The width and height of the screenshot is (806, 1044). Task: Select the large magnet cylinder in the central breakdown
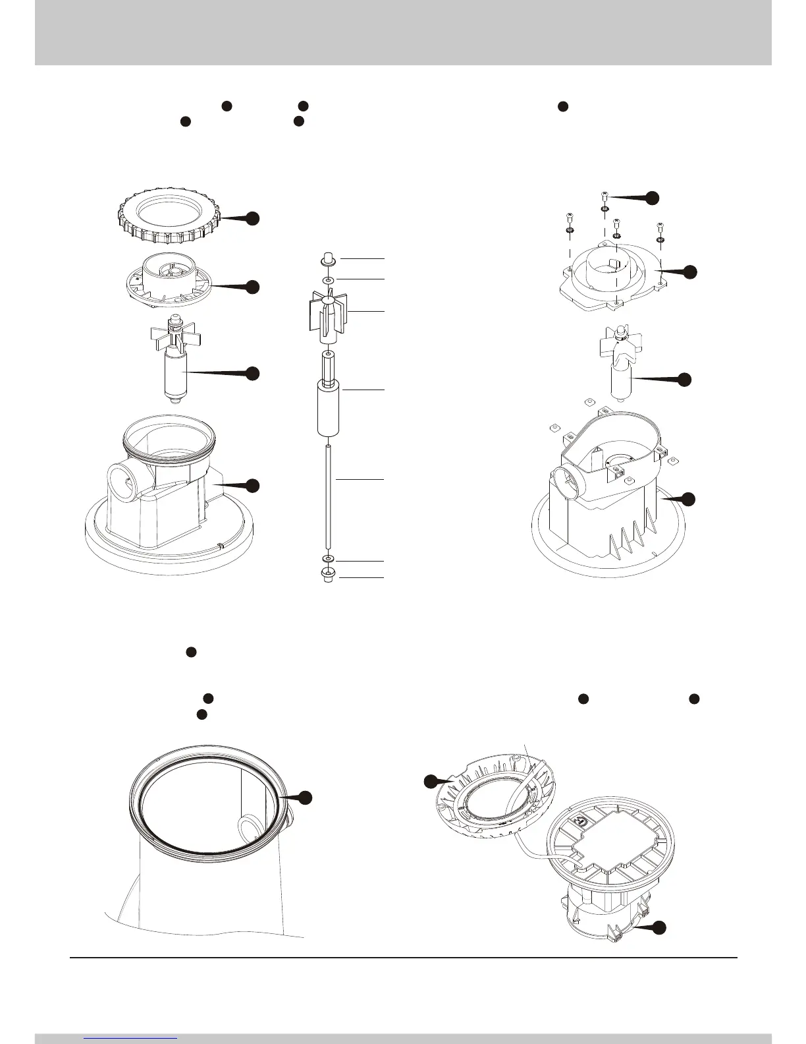[x=327, y=409]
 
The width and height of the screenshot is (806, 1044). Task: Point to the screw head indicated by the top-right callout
[x=604, y=195]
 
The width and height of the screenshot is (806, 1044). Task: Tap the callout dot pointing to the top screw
[x=651, y=197]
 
